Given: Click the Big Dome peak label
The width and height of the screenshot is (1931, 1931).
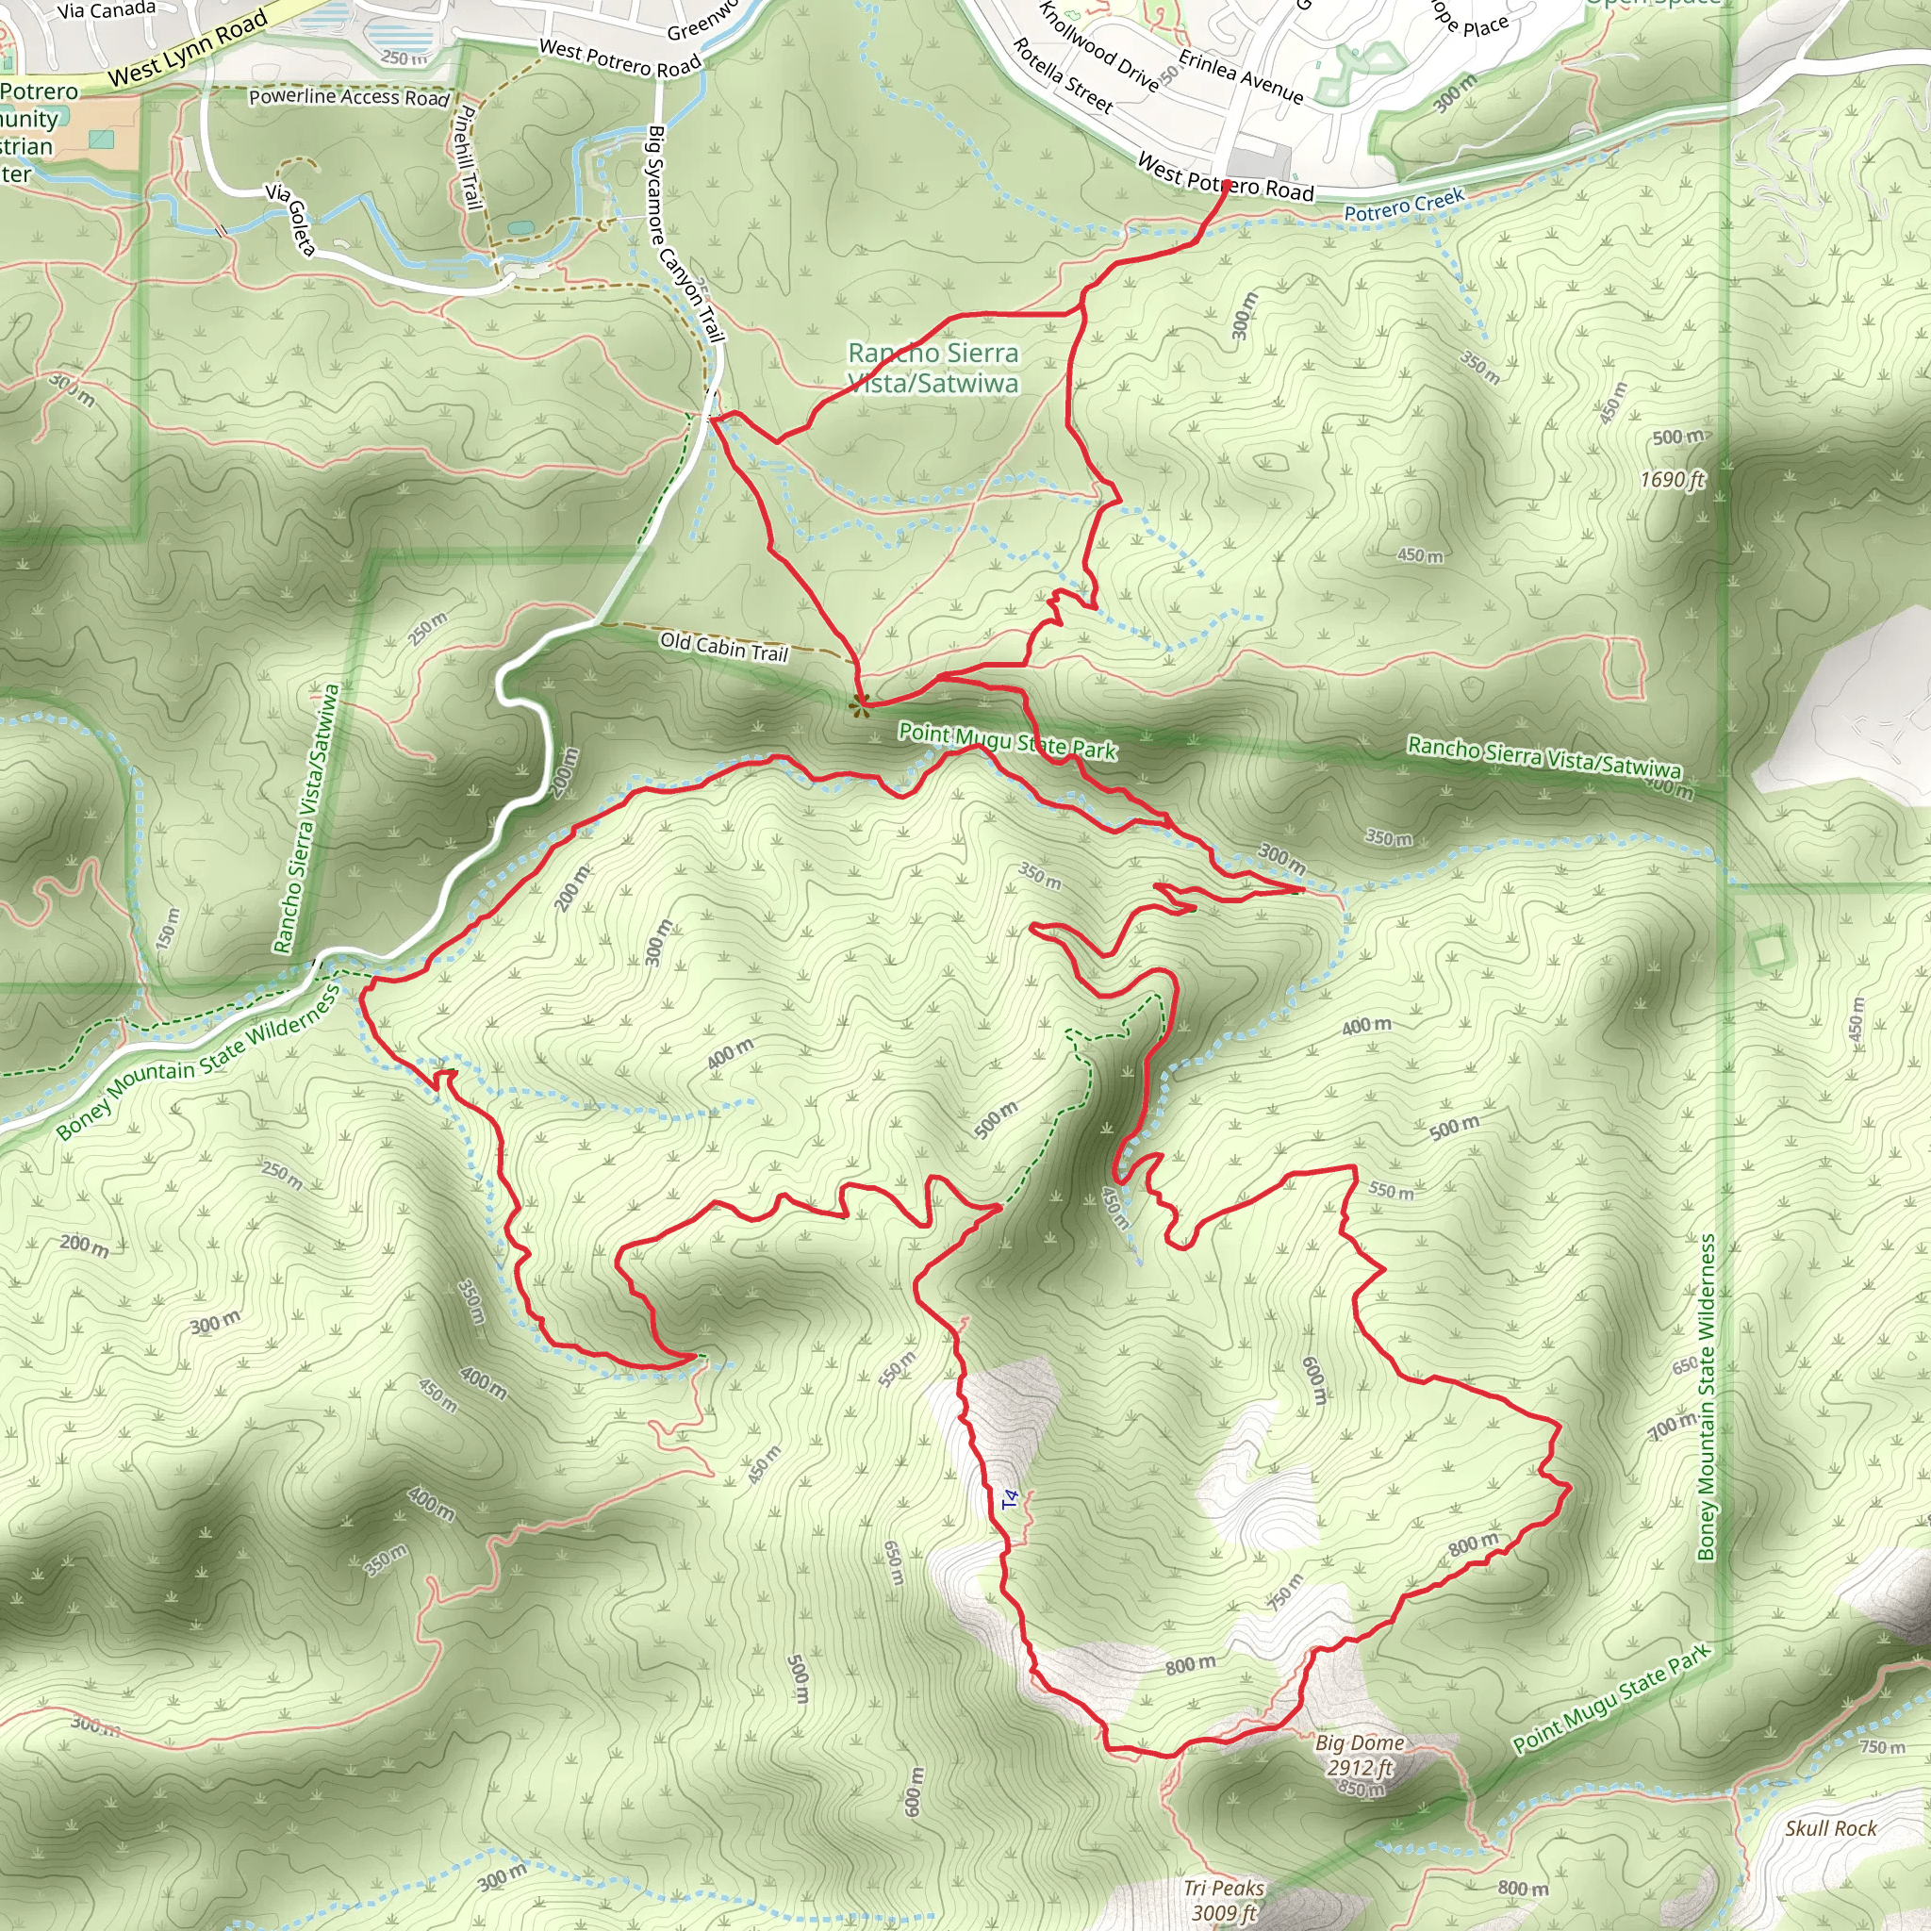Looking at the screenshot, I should pyautogui.click(x=1360, y=1743).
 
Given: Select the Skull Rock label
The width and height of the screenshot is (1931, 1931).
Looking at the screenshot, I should pyautogui.click(x=1831, y=1828).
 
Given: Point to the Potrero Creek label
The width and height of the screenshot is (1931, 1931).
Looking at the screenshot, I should pyautogui.click(x=1403, y=205).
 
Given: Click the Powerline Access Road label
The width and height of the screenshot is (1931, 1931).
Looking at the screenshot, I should pyautogui.click(x=349, y=97).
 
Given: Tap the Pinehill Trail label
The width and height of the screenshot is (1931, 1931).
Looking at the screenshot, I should pyautogui.click(x=466, y=157).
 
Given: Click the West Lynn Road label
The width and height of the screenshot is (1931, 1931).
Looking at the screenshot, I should pyautogui.click(x=188, y=47).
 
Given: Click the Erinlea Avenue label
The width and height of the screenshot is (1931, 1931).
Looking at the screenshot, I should pyautogui.click(x=1242, y=77).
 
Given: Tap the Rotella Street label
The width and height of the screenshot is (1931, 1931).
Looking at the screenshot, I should pyautogui.click(x=1063, y=75).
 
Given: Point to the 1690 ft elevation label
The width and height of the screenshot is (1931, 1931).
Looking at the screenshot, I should pyautogui.click(x=1671, y=480).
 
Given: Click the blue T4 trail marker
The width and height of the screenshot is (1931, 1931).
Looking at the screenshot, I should pyautogui.click(x=1010, y=1499).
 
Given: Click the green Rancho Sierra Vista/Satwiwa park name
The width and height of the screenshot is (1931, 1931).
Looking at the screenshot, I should pyautogui.click(x=933, y=368).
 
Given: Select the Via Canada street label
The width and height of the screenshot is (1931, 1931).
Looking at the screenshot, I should pyautogui.click(x=107, y=11).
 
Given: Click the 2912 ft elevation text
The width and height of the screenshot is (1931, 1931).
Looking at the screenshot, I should pyautogui.click(x=1360, y=1767).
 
